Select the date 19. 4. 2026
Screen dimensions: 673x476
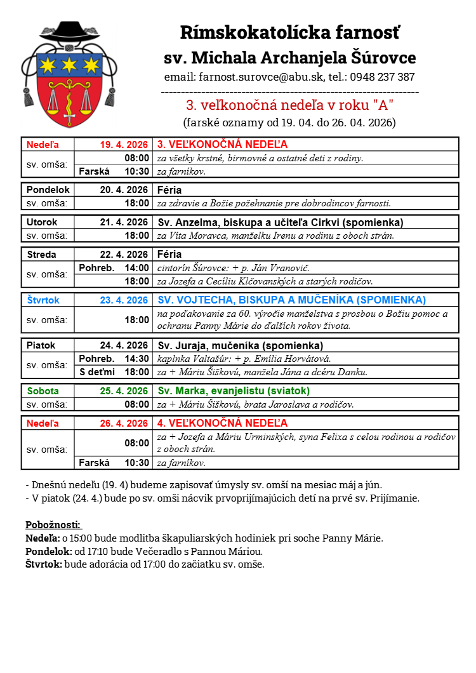[x=124, y=144]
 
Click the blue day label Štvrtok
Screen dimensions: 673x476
[x=42, y=300]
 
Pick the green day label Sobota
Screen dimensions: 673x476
[x=43, y=390]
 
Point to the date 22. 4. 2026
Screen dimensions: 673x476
[x=124, y=254]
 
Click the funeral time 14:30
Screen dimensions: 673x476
[x=137, y=359]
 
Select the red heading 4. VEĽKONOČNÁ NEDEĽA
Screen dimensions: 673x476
[x=222, y=423]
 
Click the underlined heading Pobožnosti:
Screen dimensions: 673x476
[x=53, y=524]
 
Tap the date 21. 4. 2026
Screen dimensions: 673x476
[x=124, y=222]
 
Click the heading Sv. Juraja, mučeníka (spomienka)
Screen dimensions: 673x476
[x=240, y=345]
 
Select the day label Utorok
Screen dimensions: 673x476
[x=42, y=222]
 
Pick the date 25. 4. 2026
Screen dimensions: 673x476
[x=124, y=390]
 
